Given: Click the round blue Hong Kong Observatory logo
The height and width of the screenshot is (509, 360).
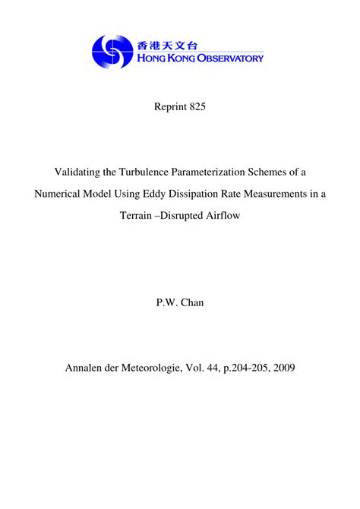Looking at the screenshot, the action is coord(112,52).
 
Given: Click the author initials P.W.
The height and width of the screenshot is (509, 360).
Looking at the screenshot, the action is coord(166,302).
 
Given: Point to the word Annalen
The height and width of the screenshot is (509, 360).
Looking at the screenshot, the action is coord(90,368).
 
